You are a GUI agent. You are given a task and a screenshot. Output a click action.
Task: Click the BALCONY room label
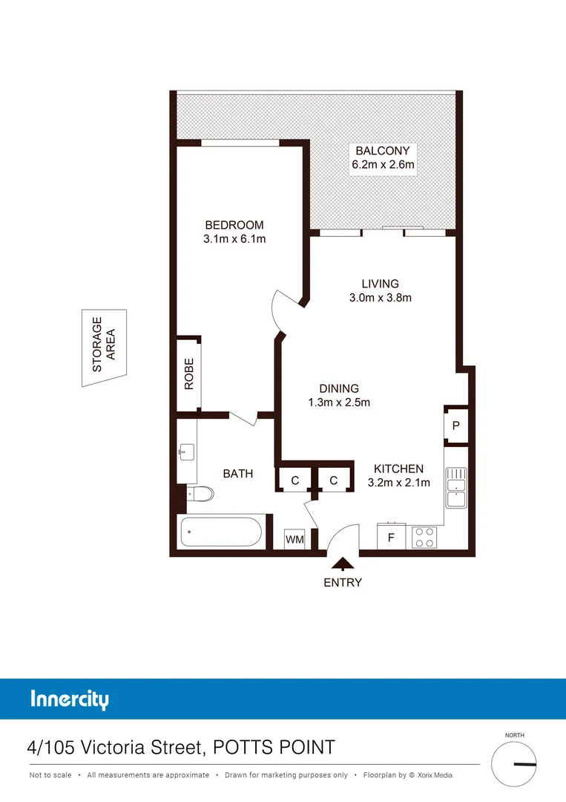point(383,151)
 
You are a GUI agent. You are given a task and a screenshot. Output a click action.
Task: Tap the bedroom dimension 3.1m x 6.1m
point(234,239)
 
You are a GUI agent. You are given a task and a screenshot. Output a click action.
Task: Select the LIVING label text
point(380,284)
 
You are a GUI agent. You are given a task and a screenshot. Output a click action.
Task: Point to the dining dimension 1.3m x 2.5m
point(338,402)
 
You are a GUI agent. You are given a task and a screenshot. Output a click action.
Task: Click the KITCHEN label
point(398,469)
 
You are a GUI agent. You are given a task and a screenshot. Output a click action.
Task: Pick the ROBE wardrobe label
point(189,374)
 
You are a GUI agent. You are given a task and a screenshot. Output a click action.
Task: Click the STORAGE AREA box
point(104,348)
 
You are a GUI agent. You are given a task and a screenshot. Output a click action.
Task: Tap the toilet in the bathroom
point(200,494)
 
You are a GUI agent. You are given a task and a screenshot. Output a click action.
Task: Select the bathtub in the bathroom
point(220,532)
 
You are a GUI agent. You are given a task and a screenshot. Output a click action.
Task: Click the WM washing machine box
point(294,539)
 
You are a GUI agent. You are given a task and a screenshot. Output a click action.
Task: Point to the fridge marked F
point(391,537)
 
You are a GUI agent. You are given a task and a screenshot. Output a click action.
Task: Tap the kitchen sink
point(455,490)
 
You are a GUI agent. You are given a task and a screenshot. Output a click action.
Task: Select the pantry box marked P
point(455,426)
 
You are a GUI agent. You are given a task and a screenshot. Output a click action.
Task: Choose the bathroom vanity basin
point(186,451)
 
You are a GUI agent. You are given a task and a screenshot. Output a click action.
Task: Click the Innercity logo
point(70,700)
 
